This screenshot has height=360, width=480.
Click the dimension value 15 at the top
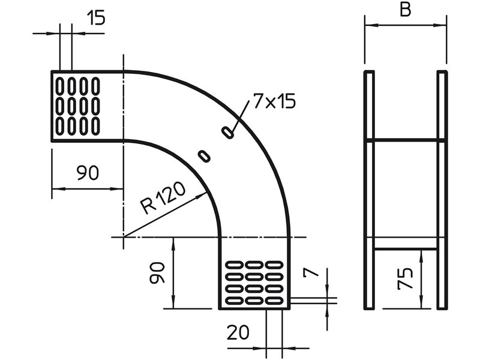tap(95, 18)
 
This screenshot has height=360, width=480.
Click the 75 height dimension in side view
tap(406, 280)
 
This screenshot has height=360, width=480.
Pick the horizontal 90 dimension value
tap(88, 173)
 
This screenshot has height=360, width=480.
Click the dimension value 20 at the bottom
tap(238, 332)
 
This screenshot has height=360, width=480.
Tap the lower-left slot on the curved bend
tap(205, 155)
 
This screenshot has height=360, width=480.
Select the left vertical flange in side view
tap(370, 190)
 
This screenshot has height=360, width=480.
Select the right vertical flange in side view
tap(442, 190)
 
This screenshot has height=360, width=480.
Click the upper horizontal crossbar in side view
tap(406, 140)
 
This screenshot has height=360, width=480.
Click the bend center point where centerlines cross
tap(124, 238)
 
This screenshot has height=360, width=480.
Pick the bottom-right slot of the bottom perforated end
tap(275, 298)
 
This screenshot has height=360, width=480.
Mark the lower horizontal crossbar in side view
tap(406, 250)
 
